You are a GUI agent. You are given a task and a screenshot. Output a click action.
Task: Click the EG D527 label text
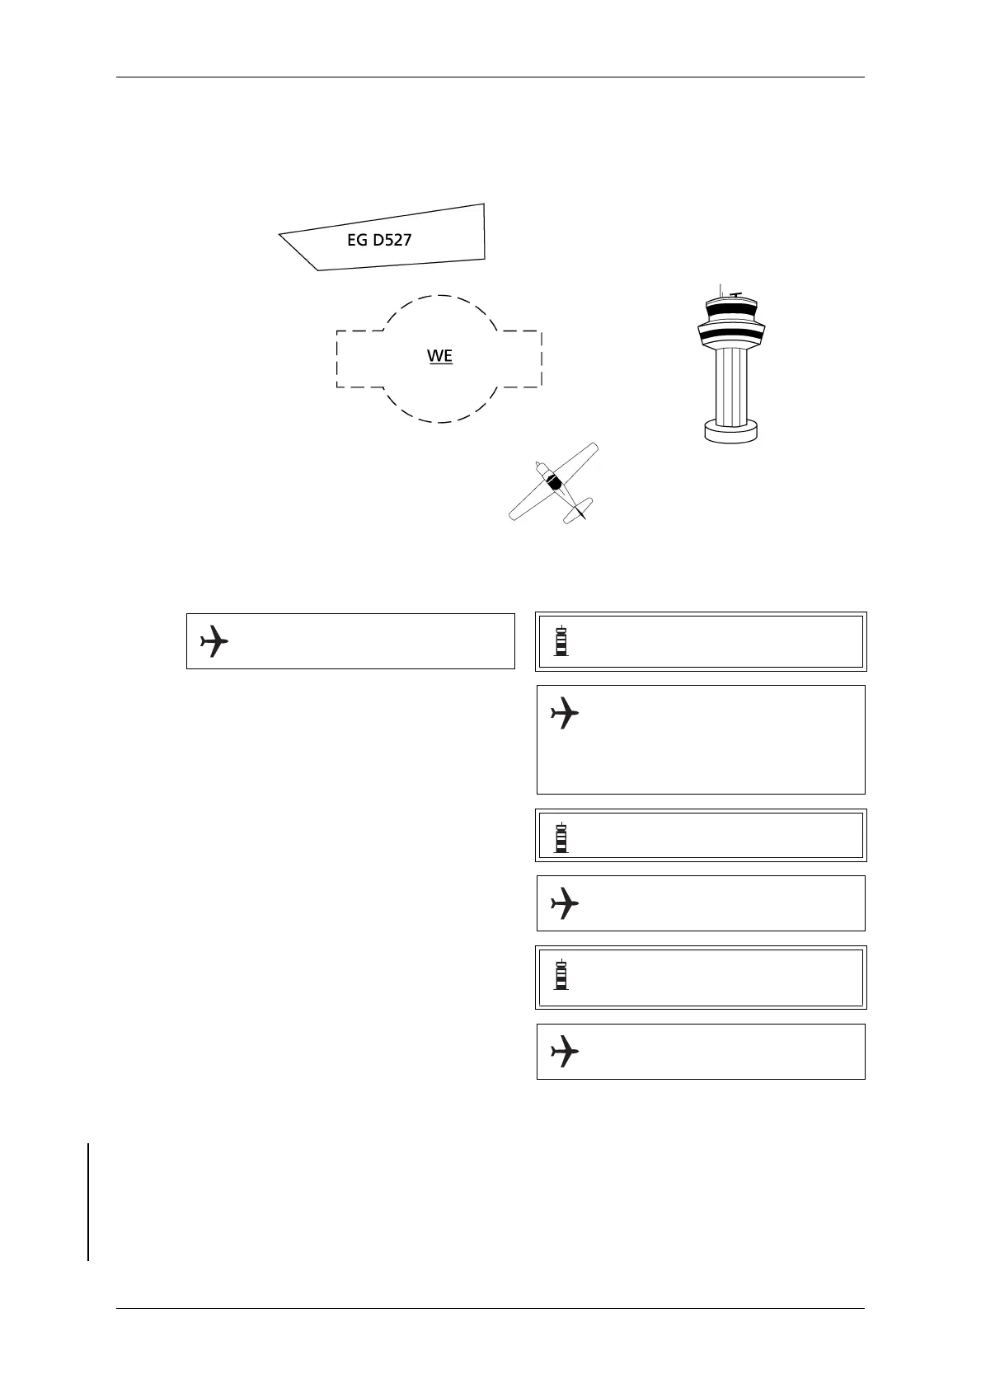click(x=379, y=241)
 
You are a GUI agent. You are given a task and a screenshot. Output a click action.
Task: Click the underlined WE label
click(x=439, y=356)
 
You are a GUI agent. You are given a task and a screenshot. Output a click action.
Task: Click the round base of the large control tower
click(x=730, y=431)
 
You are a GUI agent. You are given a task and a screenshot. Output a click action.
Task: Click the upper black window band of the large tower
click(x=730, y=311)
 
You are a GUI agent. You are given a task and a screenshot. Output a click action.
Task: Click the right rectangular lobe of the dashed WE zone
click(x=522, y=359)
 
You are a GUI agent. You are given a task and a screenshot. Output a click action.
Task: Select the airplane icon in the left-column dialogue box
click(x=214, y=640)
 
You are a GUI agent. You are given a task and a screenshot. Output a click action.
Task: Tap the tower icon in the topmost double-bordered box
click(x=561, y=641)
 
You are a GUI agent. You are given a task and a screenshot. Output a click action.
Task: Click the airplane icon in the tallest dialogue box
click(x=565, y=713)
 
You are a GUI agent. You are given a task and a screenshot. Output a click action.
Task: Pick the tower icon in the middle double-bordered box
click(x=561, y=837)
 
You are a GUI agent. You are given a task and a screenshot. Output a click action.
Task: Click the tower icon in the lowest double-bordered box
click(x=561, y=974)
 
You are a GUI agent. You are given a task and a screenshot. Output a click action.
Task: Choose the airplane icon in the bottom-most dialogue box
click(x=565, y=1051)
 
